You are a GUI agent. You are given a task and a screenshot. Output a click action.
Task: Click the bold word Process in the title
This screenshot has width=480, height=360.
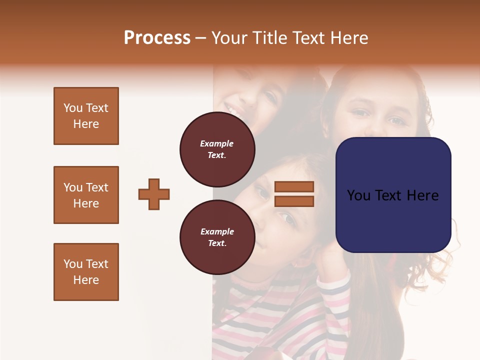click(157, 38)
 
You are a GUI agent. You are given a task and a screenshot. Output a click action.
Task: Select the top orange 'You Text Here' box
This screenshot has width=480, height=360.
click(86, 116)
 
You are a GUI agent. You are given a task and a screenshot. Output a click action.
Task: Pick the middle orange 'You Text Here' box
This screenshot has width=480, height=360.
click(86, 195)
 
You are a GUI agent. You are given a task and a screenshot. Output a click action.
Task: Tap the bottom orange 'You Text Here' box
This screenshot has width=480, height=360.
click(86, 272)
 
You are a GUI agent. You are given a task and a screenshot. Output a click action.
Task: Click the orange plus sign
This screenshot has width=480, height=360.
click(154, 194)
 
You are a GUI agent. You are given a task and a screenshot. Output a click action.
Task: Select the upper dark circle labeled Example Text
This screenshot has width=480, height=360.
click(217, 149)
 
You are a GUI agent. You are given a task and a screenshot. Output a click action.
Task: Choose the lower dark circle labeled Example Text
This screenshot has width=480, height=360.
click(217, 237)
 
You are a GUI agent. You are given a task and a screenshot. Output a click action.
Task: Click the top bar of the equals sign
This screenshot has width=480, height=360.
click(294, 186)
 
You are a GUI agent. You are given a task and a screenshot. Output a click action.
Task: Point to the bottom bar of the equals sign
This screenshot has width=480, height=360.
click(294, 201)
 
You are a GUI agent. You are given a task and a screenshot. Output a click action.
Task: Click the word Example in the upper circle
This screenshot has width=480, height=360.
click(217, 143)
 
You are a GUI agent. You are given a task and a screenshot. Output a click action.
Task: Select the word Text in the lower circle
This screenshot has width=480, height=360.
click(217, 243)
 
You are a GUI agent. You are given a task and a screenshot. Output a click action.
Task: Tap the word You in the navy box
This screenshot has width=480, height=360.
click(359, 195)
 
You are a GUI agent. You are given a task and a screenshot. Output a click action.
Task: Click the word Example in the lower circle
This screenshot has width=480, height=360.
click(217, 231)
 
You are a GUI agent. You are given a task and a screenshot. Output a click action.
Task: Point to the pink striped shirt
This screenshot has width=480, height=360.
click(280, 320)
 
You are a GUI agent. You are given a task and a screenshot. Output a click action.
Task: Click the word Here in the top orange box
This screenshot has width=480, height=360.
click(86, 124)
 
